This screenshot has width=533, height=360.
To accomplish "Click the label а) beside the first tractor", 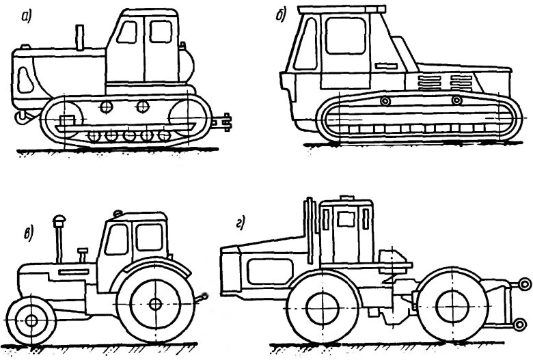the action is coord(26,16).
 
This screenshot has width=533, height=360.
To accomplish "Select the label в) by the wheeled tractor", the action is coord(29,234).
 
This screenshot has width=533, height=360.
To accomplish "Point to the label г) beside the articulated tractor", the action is coord(241,224).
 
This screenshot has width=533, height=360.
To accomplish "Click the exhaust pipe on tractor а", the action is coord(80,38).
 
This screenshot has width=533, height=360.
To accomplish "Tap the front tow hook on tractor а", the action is coord(22,117).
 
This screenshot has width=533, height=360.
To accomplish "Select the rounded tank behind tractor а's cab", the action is coord(187,65).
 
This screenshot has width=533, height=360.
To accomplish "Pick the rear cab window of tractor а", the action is coord(161,31).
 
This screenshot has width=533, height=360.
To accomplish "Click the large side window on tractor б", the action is coord(346,36).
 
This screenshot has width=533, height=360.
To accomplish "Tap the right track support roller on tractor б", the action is coord(457,100).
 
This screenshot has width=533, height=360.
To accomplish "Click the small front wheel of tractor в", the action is coord(31,320).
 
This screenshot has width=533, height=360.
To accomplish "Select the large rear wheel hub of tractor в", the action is coord(156,303).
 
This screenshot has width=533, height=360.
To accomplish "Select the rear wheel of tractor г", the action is coord(452,307).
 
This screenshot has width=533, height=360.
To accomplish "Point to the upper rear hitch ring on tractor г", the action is coord(525,284).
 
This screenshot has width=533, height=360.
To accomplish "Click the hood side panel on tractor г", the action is coord(271,271).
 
